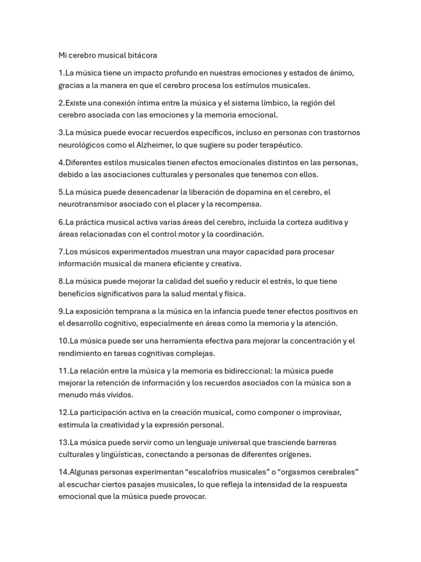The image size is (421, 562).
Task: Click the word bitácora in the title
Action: pyautogui.click(x=141, y=55)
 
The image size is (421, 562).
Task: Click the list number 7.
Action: pyautogui.click(x=61, y=252)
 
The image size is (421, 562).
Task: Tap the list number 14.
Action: pyautogui.click(x=63, y=472)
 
